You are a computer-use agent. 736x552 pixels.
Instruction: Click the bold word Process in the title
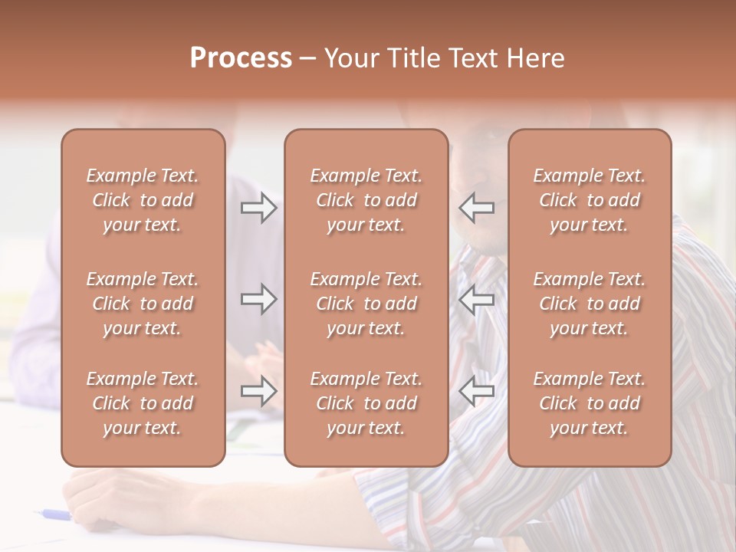241,58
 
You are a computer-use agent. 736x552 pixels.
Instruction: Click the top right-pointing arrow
258,208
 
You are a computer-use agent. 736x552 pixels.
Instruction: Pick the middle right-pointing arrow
258,299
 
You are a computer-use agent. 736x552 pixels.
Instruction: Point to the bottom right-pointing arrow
258,392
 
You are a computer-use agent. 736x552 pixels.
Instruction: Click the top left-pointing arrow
477,208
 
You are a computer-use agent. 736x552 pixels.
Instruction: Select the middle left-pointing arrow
477,299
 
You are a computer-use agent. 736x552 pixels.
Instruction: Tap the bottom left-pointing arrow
477,392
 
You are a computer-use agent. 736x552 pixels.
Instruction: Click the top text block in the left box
143,200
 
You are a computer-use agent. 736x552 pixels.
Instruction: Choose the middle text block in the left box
143,304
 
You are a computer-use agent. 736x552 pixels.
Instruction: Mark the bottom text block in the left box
143,403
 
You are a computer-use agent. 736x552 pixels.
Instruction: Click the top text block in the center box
366,200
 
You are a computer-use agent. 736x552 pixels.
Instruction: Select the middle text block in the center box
366,304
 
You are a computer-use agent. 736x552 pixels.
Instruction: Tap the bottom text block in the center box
366,403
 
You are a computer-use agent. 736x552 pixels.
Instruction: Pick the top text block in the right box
589,200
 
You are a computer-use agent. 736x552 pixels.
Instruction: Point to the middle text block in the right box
589,304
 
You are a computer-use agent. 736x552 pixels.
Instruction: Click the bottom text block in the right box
589,403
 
